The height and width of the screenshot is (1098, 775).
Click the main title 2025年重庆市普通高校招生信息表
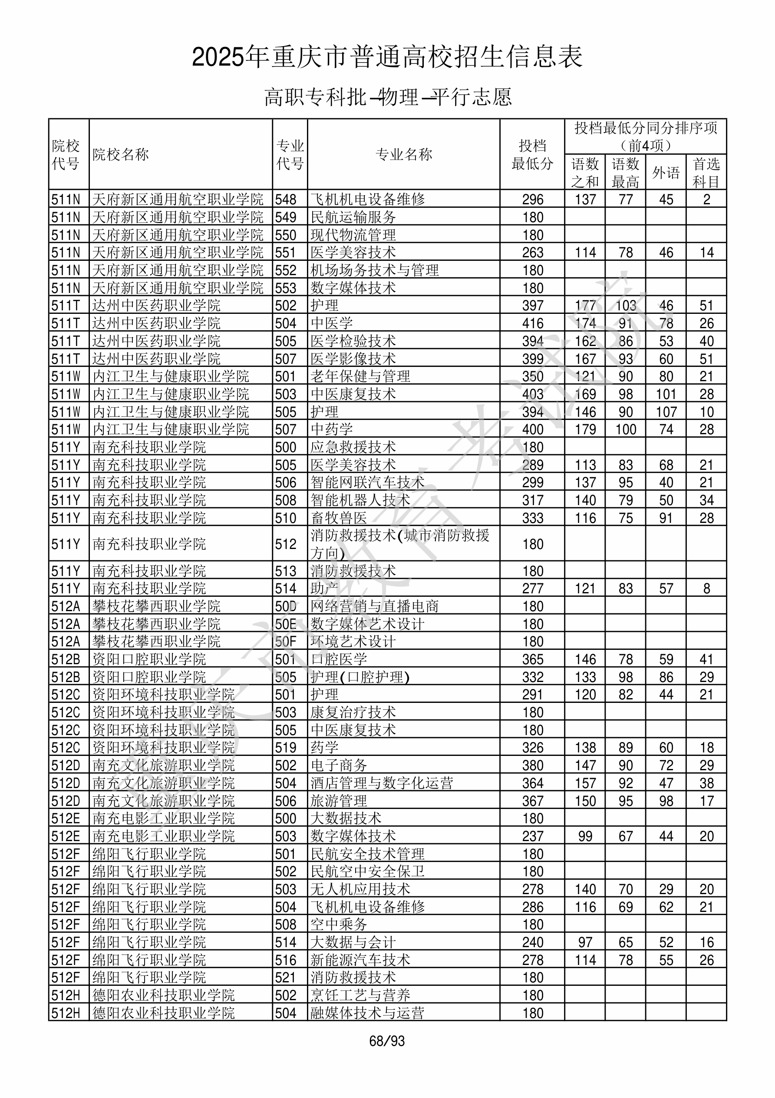click(387, 57)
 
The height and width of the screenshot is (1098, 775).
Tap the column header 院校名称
click(121, 154)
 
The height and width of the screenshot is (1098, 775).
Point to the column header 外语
click(666, 173)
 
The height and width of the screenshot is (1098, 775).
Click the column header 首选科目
click(706, 173)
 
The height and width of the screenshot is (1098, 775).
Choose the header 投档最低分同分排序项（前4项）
click(646, 136)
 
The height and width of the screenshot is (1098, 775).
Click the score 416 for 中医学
click(533, 323)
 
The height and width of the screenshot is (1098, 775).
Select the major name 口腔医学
click(339, 659)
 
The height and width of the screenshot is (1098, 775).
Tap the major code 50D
click(286, 606)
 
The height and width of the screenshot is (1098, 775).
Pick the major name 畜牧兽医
click(339, 518)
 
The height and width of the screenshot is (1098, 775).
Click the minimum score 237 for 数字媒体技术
click(533, 836)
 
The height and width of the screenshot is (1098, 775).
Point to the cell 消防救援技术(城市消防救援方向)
click(400, 544)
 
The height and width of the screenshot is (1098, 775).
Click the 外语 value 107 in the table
click(666, 412)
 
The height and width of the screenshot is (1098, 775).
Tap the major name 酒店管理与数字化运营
click(382, 783)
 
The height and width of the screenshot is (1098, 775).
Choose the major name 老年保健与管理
click(360, 376)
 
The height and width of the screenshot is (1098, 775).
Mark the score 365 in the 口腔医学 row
click(533, 659)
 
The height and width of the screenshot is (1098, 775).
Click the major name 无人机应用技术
click(360, 889)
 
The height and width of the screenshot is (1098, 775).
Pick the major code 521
click(286, 978)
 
